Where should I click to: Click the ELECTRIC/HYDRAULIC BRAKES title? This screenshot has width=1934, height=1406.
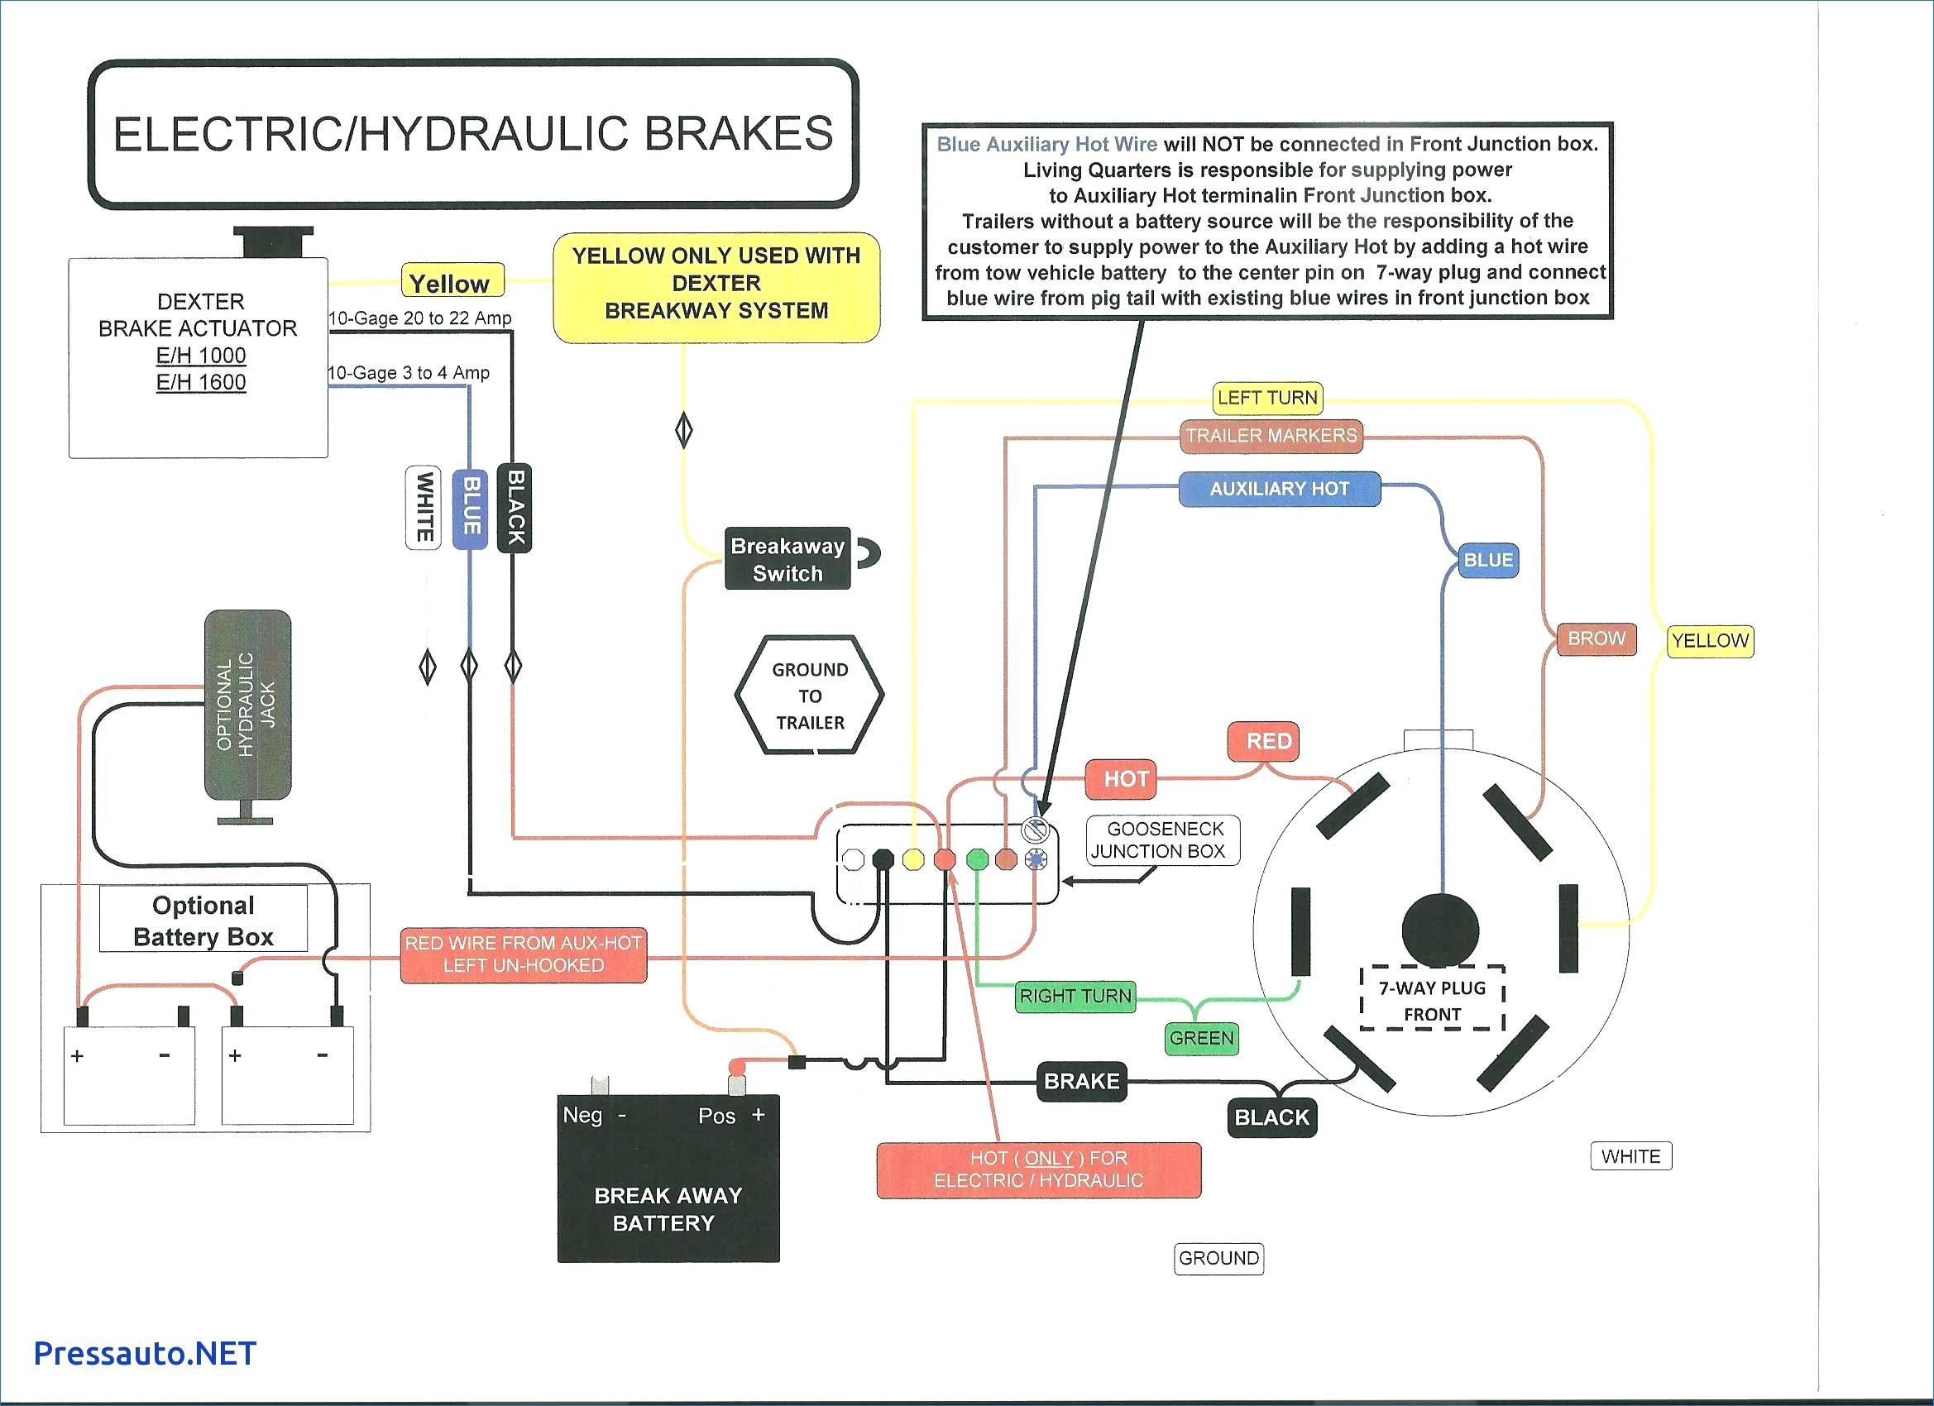473,134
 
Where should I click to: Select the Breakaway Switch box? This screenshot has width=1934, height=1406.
787,559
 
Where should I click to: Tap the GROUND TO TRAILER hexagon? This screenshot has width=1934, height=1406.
809,696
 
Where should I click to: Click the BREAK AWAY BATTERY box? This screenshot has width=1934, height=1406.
668,1178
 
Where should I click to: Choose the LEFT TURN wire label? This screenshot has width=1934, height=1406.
1267,397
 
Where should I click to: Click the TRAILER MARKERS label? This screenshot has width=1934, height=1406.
1271,436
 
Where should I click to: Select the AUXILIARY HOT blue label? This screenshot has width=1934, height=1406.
1279,489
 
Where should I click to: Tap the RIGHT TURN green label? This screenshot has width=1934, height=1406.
1075,996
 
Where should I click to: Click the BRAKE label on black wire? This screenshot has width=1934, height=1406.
1081,1081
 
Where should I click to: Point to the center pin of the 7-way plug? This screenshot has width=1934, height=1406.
1440,930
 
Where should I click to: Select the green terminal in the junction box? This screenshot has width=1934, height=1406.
977,858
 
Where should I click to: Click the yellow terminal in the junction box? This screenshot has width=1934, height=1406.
913,859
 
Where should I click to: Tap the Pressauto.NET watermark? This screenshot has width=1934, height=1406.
145,1353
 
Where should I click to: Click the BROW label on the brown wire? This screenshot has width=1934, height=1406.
1597,638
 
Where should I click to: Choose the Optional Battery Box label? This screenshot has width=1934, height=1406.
203,920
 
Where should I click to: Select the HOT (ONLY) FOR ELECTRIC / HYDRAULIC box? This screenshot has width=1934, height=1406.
1039,1169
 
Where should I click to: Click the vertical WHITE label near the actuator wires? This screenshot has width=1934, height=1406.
423,507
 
